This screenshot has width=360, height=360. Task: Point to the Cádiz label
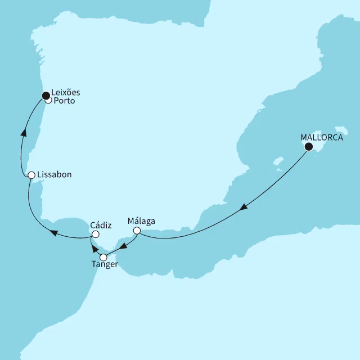coord(101,225)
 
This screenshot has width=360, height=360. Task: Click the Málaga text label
coord(141,221)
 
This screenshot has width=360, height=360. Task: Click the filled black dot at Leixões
coord(46,96)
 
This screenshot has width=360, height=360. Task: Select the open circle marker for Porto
coord(48,101)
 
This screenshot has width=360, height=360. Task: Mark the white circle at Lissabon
coord(32,175)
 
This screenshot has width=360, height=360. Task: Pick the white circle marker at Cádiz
coord(96,234)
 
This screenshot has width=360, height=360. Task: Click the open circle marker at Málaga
coord(136,230)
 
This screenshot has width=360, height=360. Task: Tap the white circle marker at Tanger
coord(103,257)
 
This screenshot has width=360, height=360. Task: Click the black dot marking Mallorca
coord(308,147)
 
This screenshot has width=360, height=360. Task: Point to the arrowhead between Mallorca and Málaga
coord(242,208)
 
